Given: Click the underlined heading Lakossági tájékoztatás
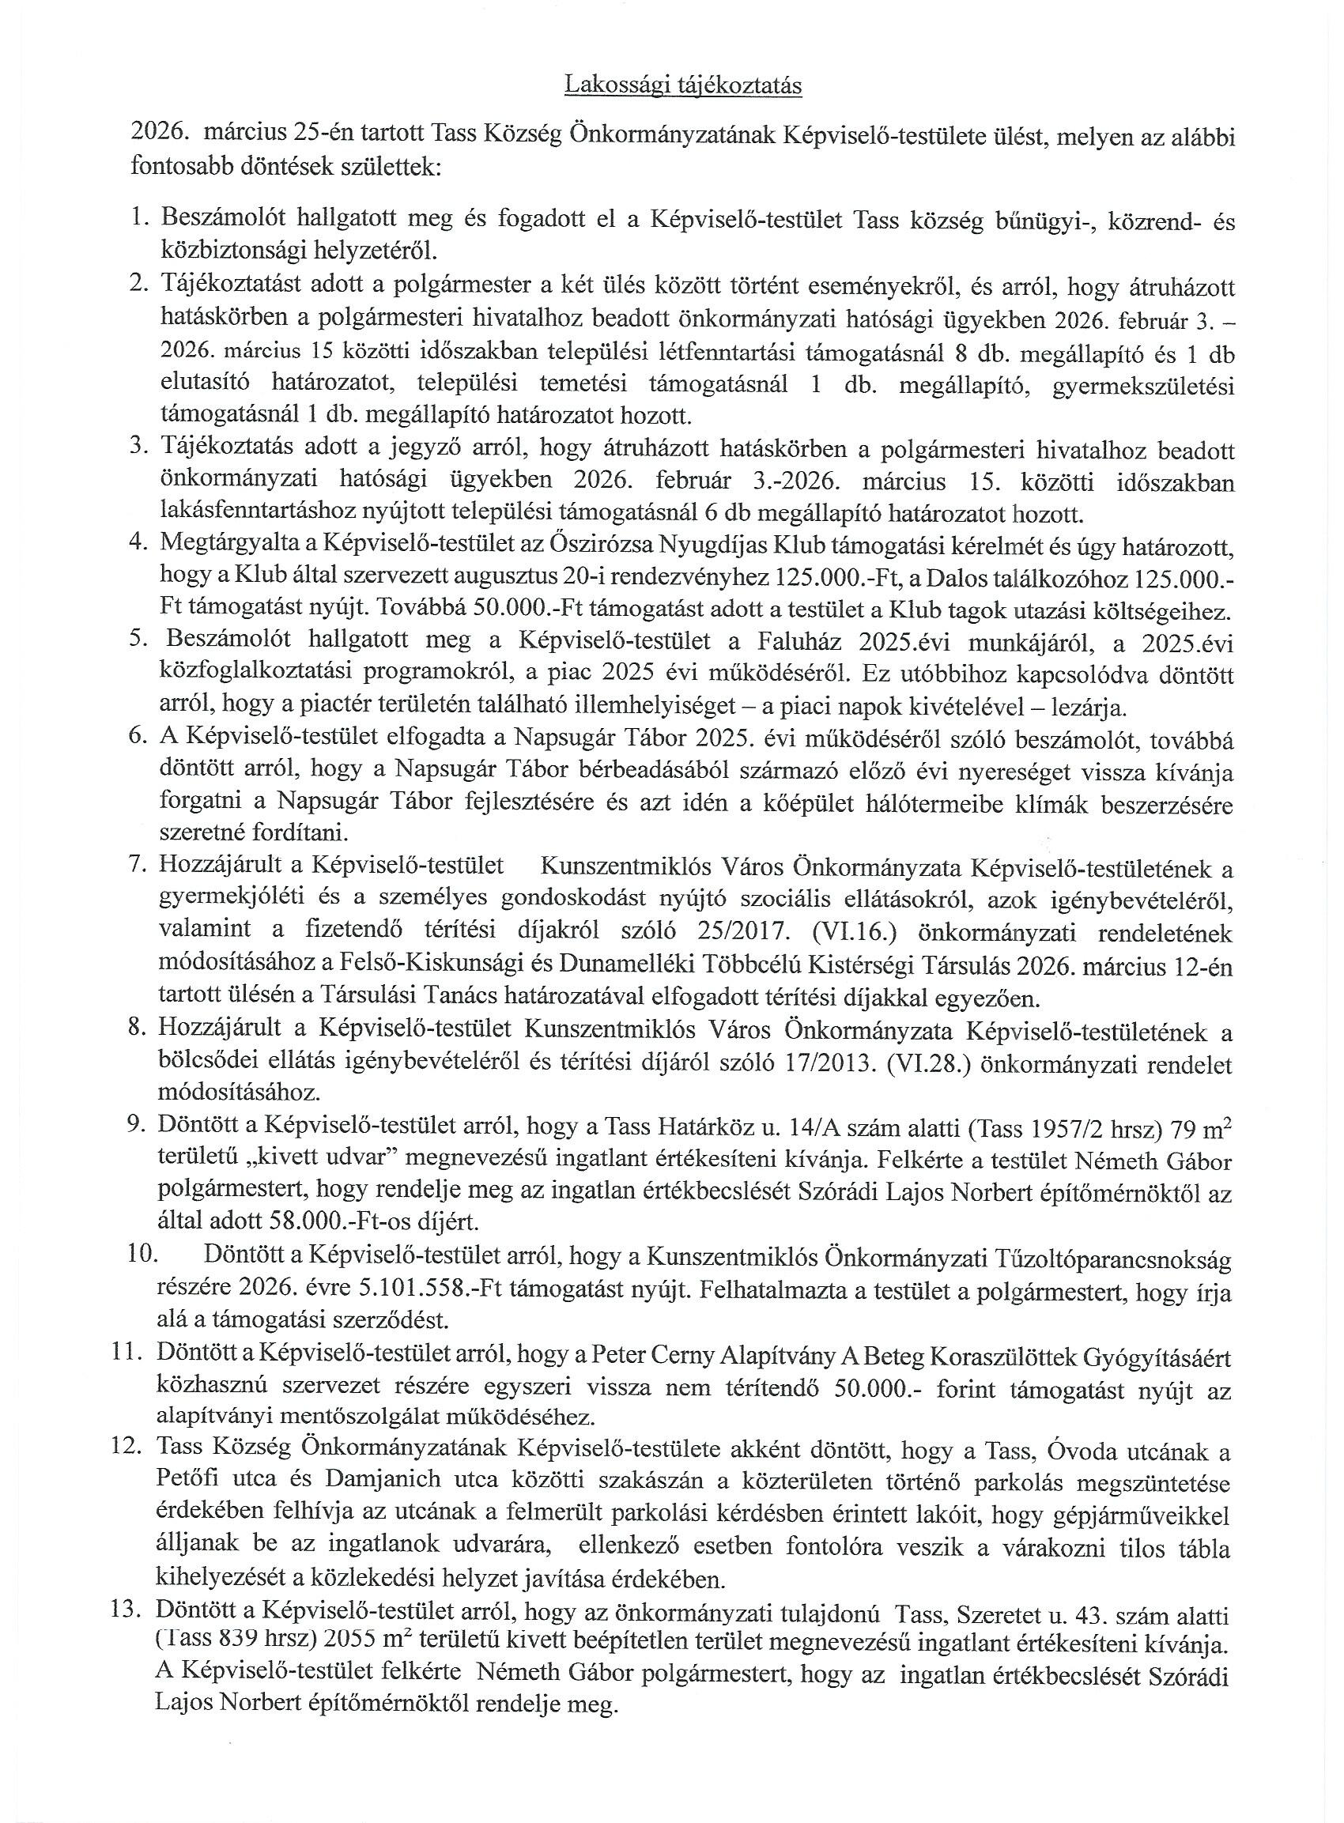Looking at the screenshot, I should click(683, 86).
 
